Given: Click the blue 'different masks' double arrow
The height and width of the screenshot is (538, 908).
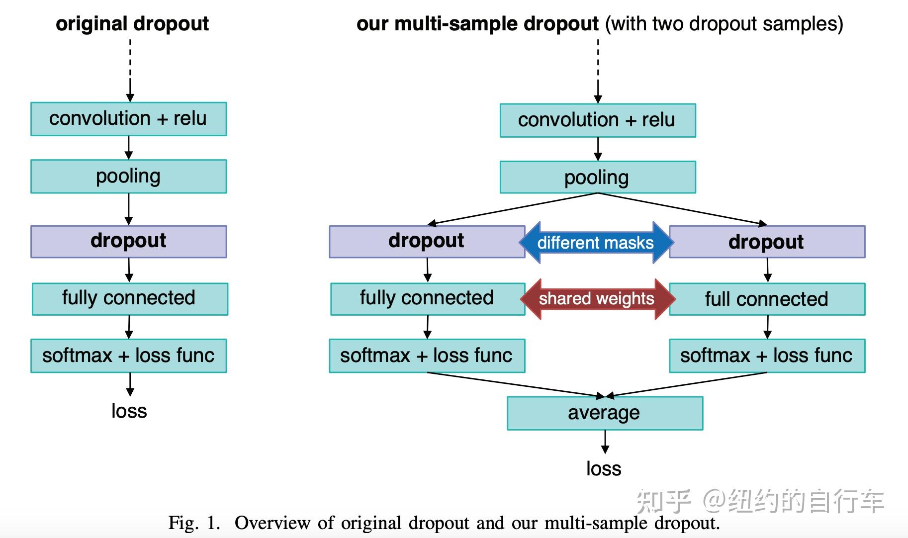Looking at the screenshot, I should pyautogui.click(x=596, y=243).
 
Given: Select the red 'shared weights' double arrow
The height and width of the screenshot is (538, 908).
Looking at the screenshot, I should pyautogui.click(x=597, y=299).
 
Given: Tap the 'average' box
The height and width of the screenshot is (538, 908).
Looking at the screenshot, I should pyautogui.click(x=605, y=413).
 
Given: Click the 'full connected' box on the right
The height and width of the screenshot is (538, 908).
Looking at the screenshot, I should pyautogui.click(x=767, y=299).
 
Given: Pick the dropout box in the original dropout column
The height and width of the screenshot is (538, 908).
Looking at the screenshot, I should pyautogui.click(x=128, y=242).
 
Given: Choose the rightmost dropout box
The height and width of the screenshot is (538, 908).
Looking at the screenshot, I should pyautogui.click(x=767, y=242).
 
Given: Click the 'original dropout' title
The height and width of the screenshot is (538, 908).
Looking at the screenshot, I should pyautogui.click(x=132, y=24).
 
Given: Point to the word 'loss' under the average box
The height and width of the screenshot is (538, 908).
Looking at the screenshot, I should pyautogui.click(x=604, y=469).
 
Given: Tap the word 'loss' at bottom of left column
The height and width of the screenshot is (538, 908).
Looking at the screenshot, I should pyautogui.click(x=129, y=411).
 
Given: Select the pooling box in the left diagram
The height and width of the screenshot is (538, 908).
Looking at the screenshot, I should pyautogui.click(x=128, y=177).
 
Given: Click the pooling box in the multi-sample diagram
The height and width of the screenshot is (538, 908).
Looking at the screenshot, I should pyautogui.click(x=597, y=178).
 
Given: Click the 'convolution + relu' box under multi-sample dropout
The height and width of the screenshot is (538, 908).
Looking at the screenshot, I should pyautogui.click(x=597, y=120).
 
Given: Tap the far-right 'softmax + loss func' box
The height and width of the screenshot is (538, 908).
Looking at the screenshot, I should pyautogui.click(x=767, y=356).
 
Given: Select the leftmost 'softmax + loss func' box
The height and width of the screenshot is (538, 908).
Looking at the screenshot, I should pyautogui.click(x=128, y=356).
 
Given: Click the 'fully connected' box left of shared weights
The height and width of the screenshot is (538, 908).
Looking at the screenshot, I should pyautogui.click(x=427, y=299).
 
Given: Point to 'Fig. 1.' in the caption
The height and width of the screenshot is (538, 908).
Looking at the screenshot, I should pyautogui.click(x=194, y=523).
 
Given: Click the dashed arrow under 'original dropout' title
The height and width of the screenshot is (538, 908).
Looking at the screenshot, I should pyautogui.click(x=130, y=70).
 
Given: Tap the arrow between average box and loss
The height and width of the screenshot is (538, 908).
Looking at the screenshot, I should pyautogui.click(x=605, y=442).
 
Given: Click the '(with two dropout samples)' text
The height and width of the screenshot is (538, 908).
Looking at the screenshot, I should pyautogui.click(x=724, y=24).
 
